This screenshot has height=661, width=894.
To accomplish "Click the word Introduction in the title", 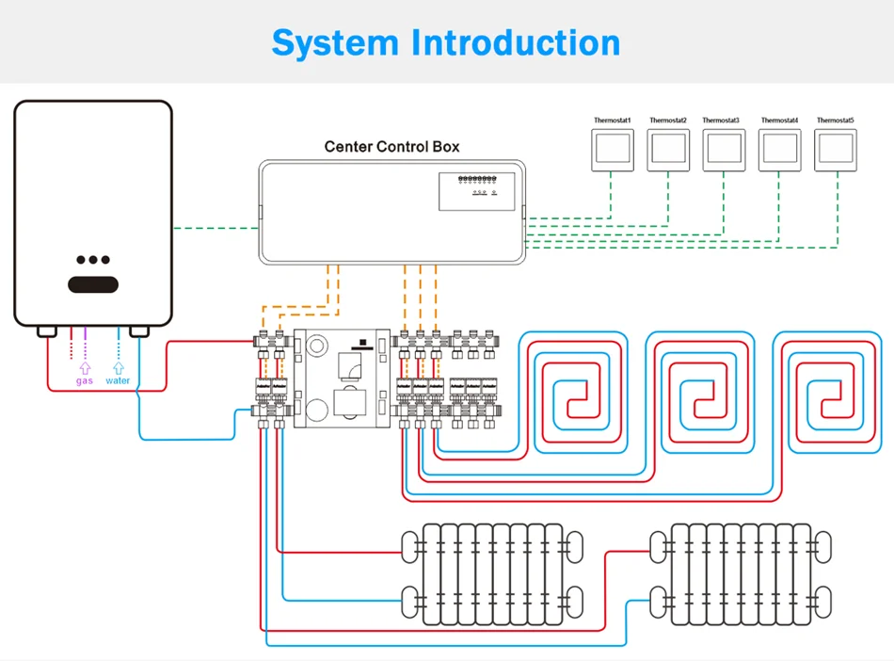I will pos(516,43).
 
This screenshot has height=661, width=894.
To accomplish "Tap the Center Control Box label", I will pos(391,147).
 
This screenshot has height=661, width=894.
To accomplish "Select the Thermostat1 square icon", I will pos(612,150).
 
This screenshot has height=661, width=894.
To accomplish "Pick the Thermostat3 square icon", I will pos(723,150).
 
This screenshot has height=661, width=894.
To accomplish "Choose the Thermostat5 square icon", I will pos(835,150).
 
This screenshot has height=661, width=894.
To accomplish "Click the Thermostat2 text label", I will pos(668,121).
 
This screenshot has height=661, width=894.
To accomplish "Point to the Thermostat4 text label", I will pos(779,121).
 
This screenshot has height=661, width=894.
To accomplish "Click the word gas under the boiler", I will pos(85,380).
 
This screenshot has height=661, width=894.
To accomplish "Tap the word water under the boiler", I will pos(118,380).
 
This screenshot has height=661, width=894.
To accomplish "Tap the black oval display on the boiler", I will pos(92,283).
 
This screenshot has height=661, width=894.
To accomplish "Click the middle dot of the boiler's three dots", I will pos(93,260).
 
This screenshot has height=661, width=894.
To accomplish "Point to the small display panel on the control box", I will pos(478,189).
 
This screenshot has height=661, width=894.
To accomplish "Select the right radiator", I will pos(739,574).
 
